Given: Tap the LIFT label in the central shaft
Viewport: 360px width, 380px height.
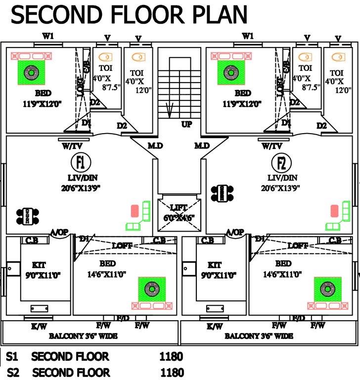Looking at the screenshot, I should point(179,207).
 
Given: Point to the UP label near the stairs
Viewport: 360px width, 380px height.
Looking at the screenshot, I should point(187,124).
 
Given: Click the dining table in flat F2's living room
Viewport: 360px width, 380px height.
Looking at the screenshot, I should point(222,193).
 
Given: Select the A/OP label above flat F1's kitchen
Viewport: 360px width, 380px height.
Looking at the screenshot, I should point(59,232).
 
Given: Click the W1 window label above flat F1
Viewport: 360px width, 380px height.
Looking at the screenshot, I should point(48,36).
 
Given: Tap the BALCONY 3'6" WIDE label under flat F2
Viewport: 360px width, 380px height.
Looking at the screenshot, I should point(258,336).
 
